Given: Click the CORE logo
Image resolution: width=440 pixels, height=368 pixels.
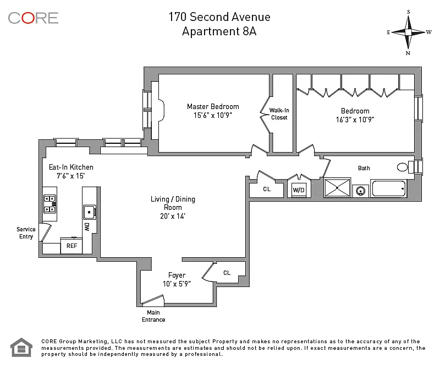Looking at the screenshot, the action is pos(33,18).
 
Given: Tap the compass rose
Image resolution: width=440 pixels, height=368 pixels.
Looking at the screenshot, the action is pos(408,33).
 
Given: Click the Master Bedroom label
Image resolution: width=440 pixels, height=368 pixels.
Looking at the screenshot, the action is pos(213,106).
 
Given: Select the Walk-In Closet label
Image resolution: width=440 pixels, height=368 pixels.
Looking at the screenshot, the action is pos(279,114).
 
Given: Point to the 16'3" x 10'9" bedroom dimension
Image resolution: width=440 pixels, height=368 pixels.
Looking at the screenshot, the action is pos(355,120).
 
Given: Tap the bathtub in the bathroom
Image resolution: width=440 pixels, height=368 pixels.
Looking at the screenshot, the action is pos(389,188).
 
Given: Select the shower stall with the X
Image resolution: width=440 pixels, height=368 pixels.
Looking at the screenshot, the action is pos(337,187).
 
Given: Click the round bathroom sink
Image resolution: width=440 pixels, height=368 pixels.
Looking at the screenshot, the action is pos(360,191).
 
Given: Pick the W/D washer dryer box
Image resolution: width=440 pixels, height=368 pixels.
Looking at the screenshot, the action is pos(299,190).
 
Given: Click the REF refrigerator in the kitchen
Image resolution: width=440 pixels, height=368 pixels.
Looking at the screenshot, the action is pos(71,246).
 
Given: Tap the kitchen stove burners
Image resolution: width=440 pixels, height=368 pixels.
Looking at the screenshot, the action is pos(50,204).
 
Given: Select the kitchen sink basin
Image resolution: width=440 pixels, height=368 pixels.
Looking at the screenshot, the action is pos(90,212).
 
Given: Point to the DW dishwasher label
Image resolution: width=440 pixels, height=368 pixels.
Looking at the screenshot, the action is pos(87,227).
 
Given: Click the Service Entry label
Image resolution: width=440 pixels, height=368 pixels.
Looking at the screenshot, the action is pos(26,233).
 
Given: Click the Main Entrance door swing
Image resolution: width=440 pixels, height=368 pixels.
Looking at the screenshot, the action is pos(152,300).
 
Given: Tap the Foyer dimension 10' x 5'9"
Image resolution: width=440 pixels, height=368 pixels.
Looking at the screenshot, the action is pos(177,284).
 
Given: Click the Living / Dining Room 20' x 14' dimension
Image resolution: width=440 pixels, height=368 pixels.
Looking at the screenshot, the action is pos(173,216).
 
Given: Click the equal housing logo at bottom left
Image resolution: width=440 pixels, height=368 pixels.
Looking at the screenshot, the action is pos(21,347).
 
